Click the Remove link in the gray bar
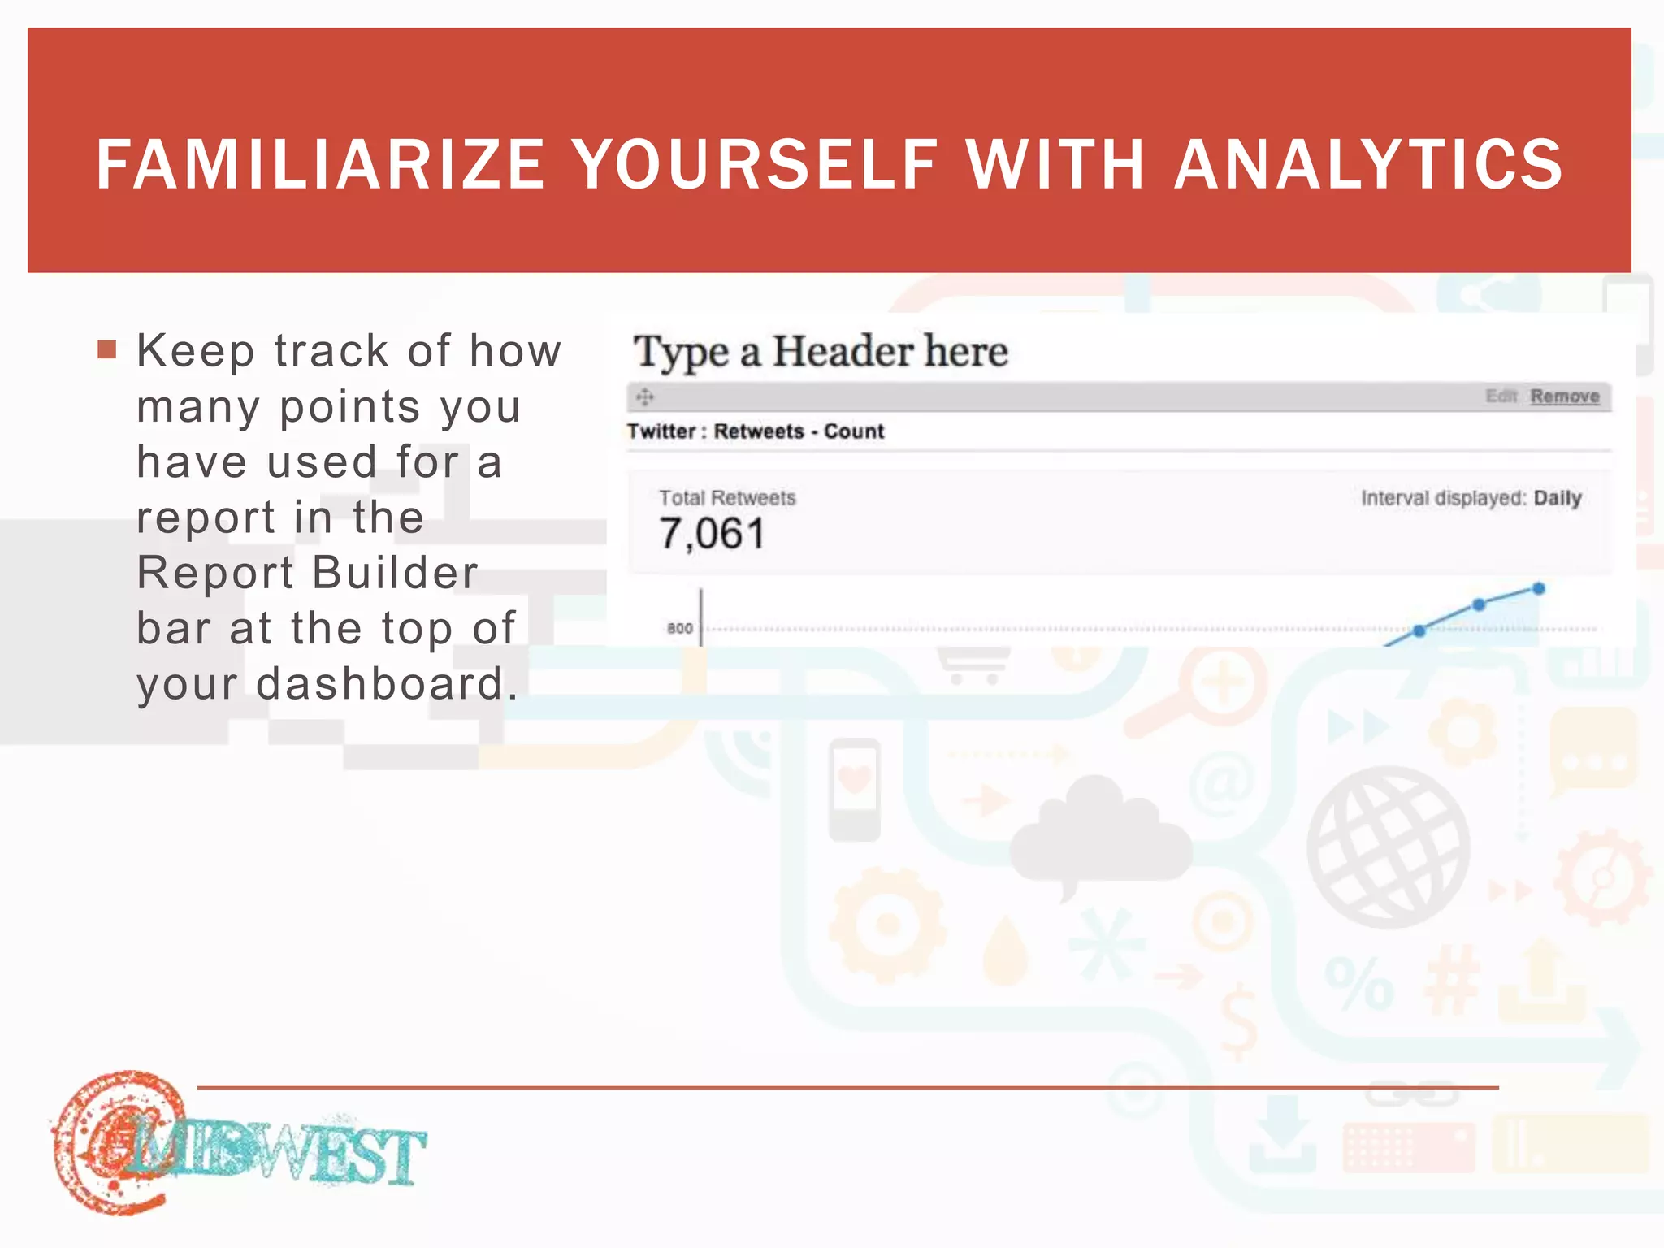[1564, 396]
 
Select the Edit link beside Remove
[1501, 396]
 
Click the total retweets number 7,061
[712, 535]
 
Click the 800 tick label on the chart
[679, 628]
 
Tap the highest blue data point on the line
[1538, 589]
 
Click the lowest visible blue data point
[1419, 630]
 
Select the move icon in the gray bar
[645, 397]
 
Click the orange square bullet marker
[106, 350]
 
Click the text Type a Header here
[821, 353]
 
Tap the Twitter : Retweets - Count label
[755, 431]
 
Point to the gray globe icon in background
[1389, 847]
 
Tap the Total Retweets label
[726, 498]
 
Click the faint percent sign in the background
[1358, 984]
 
